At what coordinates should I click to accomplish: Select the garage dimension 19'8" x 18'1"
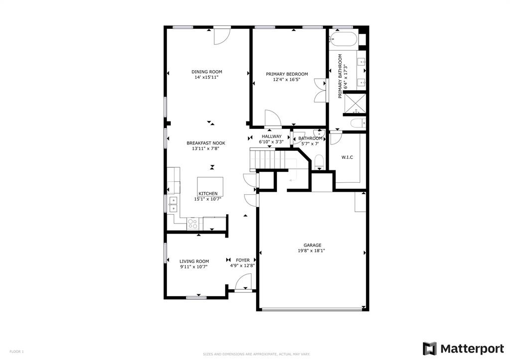point(312,251)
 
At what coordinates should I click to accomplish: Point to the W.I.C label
point(347,158)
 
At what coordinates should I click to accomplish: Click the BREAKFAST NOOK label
point(206,143)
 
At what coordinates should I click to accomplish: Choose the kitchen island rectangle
point(210,186)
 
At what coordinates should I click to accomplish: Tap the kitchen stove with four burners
point(193,224)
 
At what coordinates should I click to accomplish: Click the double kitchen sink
point(173,204)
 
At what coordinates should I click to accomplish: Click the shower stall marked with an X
point(356,104)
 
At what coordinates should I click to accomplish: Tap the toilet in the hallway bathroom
point(319,160)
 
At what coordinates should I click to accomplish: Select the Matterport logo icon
point(429,349)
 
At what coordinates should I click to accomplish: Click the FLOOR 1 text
point(16,352)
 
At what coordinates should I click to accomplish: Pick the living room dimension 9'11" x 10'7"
point(194,267)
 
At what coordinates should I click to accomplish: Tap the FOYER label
point(243,260)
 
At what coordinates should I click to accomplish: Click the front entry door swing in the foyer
point(243,284)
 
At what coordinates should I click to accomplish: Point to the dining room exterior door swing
point(222,36)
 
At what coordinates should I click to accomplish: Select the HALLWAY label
point(271,136)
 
